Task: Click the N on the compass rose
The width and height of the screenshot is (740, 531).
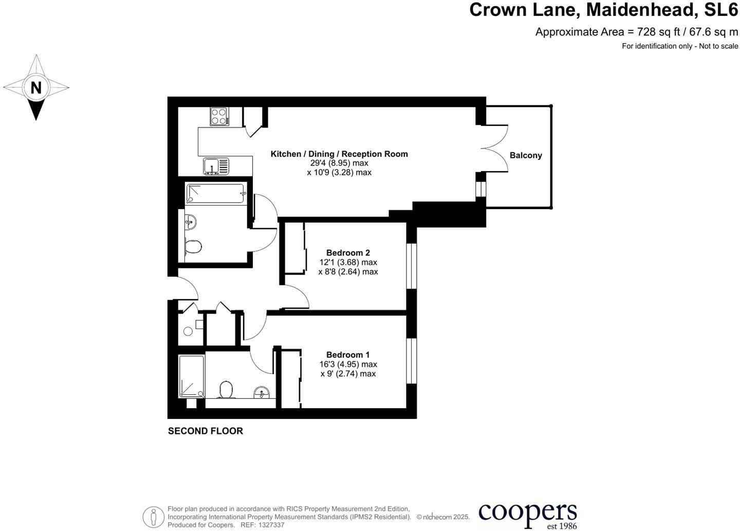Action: coord(35,87)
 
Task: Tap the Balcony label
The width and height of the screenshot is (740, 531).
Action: coord(526,155)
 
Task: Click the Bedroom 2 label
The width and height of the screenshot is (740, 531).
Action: coord(348,253)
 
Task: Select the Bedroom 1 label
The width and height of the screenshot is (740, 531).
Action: coord(348,355)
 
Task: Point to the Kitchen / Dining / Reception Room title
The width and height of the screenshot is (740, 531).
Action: coord(339,154)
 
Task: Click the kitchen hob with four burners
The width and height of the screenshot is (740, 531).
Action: coord(219,116)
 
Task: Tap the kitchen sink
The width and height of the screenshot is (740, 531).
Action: coord(216,166)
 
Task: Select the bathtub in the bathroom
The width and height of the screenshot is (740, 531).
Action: coord(216,194)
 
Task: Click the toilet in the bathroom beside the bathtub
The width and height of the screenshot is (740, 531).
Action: coord(193,246)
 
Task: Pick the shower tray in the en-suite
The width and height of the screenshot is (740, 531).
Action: coord(191,376)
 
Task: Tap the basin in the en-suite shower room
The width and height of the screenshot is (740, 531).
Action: coord(262,393)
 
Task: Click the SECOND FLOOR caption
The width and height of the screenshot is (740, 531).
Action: coord(205,431)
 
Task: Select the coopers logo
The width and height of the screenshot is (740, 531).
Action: coord(527,514)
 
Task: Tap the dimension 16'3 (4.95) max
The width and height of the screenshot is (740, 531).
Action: coord(348,364)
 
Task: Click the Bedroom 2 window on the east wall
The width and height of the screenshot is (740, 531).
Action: coord(412,266)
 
